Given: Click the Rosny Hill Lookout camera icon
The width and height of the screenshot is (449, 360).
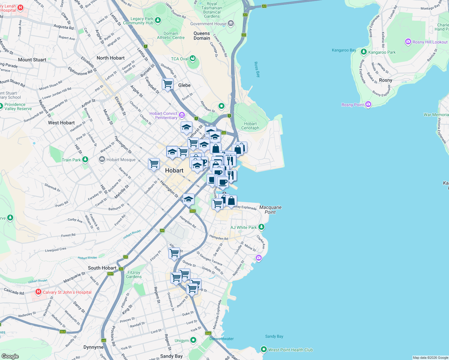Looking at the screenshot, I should tap(408, 42).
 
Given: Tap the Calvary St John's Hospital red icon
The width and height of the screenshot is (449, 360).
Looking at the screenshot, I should tap(38, 292).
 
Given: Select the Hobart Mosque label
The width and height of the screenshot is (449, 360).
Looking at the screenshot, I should tap(121, 160).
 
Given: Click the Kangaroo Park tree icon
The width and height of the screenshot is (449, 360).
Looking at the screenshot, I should tap(364, 52).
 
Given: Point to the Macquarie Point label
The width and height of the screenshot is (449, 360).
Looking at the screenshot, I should tap(270, 210).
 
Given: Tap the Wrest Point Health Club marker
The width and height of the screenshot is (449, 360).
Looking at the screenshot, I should tap(264, 349).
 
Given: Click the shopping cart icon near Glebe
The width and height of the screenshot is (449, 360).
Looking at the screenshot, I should tap(167, 84).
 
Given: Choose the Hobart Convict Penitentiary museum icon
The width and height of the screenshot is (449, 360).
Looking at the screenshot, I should tap(182, 115).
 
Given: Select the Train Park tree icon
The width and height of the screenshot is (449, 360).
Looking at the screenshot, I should tap(85, 159).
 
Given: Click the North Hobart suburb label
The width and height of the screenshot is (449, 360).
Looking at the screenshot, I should tap(110, 58).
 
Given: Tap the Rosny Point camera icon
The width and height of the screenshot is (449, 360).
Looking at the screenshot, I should tap(368, 104).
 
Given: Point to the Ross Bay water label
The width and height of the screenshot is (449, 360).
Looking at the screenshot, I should tap(257, 70).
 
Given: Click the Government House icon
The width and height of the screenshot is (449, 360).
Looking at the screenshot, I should tap(231, 23).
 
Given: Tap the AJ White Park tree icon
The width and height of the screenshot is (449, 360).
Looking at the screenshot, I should tap(261, 227).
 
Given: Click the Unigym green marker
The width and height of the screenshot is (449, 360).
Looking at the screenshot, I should tap(193, 340).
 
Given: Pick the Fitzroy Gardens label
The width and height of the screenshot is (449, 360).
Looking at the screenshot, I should tap(134, 274).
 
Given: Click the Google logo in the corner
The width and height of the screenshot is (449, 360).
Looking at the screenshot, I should tap(10, 356).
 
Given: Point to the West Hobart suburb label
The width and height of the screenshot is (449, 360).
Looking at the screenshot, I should tap(61, 123).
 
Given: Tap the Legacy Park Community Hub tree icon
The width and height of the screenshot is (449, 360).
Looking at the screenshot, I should tap(158, 20).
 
